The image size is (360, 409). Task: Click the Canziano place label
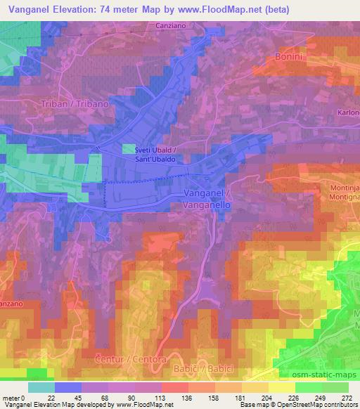169,27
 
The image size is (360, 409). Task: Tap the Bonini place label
289,56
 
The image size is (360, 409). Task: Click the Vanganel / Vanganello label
207,196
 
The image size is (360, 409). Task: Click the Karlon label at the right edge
349,112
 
